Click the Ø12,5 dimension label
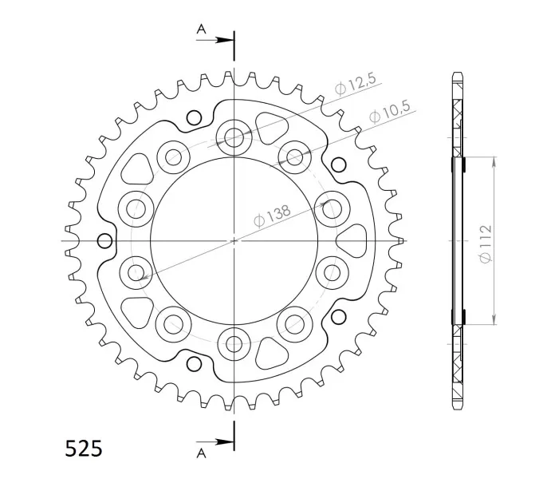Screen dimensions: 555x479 tap(356, 85)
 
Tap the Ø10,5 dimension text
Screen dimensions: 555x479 tap(389, 112)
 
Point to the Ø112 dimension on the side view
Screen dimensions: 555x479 tap(486, 243)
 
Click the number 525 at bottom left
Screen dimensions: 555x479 tap(84, 449)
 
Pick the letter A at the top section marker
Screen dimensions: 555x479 tap(202, 29)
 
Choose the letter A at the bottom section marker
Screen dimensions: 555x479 tap(202, 453)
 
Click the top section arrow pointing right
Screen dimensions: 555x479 tap(215, 40)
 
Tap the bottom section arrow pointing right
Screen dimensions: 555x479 tap(215, 441)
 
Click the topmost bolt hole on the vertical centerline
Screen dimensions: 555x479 tap(234, 137)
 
